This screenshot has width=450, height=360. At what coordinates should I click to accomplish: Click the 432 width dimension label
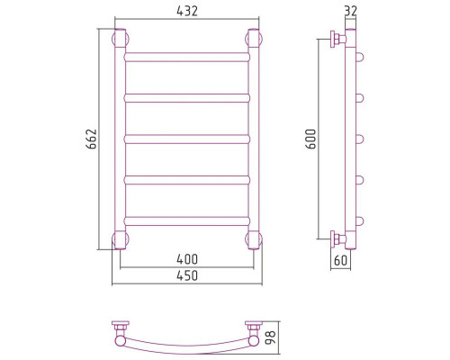pyautogui.click(x=187, y=11)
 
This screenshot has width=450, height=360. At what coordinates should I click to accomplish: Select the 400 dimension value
pyautogui.click(x=187, y=259)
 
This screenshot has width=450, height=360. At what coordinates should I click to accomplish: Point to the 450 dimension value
pyautogui.click(x=187, y=275)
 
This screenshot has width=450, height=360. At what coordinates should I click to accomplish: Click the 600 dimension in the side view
pyautogui.click(x=310, y=139)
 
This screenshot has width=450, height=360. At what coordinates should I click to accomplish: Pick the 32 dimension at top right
pyautogui.click(x=351, y=11)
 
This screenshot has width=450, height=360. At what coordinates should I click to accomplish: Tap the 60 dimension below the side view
pyautogui.click(x=340, y=260)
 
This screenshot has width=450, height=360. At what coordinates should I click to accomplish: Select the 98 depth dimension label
pyautogui.click(x=271, y=338)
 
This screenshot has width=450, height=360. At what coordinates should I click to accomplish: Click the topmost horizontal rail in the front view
pyautogui.click(x=187, y=57)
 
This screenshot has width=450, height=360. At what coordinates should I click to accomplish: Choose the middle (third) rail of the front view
pyautogui.click(x=187, y=139)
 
